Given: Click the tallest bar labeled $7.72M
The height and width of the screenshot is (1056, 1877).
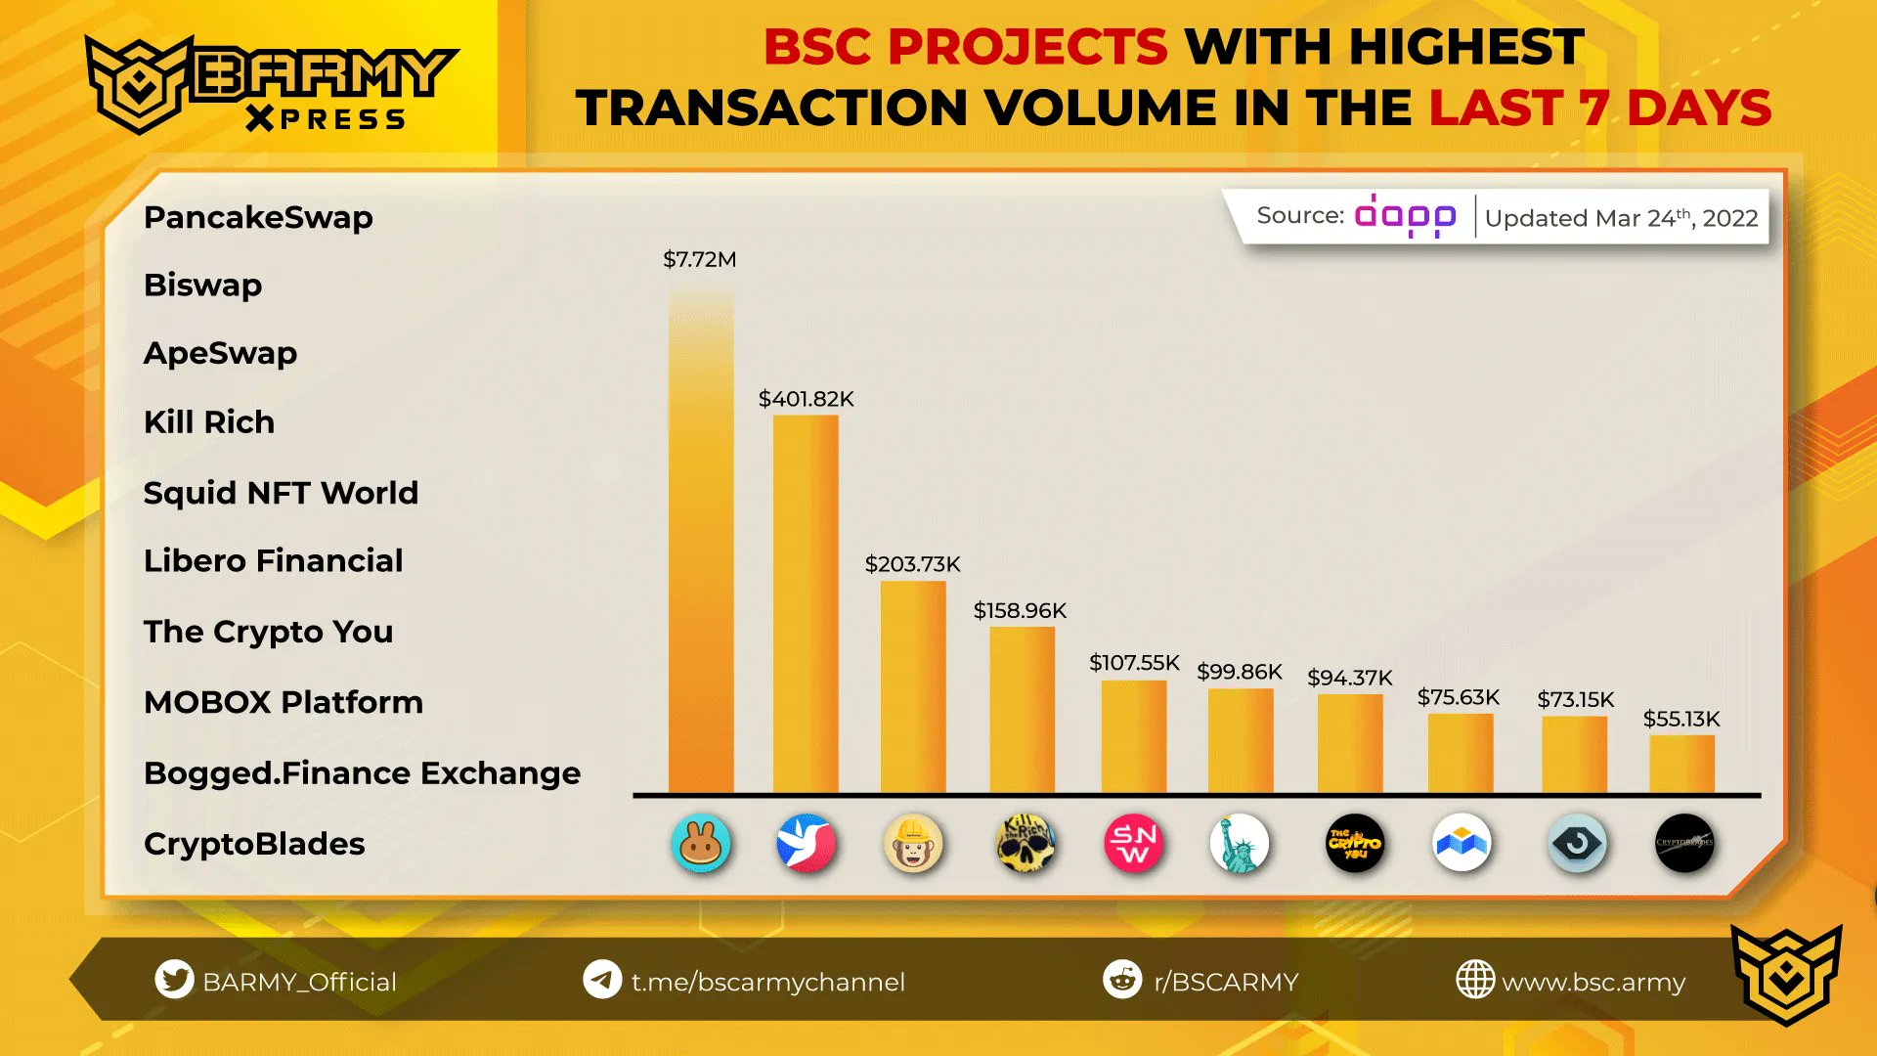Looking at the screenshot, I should (701, 548).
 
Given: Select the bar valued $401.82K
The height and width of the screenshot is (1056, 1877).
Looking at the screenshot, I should (806, 606).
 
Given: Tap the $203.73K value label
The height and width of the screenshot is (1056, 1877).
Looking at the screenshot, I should (912, 564).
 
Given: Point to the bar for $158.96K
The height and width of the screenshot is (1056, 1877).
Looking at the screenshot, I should (1022, 710).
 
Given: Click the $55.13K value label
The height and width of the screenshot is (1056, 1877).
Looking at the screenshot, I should (1681, 720).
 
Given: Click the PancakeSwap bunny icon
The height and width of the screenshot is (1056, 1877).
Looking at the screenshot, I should (701, 843).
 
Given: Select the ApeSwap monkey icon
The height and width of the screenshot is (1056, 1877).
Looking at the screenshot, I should (913, 843).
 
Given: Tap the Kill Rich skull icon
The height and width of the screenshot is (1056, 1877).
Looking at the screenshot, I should (1025, 843).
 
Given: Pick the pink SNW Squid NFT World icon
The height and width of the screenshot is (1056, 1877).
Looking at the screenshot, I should (1133, 843).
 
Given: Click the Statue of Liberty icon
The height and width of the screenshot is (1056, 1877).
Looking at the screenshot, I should (1239, 843).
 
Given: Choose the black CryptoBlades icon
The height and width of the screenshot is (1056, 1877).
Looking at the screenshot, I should (1683, 843).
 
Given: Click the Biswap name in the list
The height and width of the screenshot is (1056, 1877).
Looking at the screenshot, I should (202, 286).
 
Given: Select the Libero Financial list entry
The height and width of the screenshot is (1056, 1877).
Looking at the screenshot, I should (273, 561).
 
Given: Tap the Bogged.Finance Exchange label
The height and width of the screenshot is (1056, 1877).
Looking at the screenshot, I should (362, 773).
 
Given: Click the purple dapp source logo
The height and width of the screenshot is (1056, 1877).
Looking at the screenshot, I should (1405, 216).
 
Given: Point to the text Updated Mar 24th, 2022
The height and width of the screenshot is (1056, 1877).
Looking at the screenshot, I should (1621, 218).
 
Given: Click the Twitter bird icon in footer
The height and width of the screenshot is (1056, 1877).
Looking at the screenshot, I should (174, 980).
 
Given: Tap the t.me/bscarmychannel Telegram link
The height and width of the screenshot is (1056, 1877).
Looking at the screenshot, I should (767, 982).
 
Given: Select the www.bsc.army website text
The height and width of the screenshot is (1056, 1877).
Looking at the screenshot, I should (1593, 982).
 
